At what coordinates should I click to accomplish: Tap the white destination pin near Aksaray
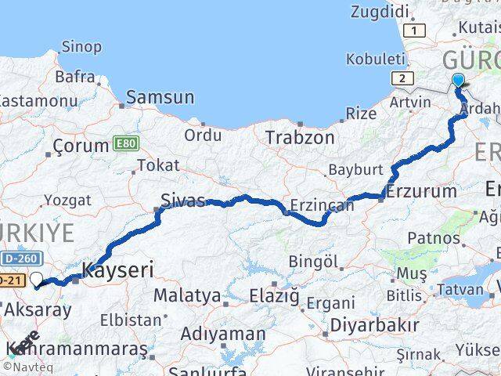38,279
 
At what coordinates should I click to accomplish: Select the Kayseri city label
117,271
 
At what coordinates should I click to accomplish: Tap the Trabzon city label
300,138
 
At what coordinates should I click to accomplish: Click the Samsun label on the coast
160,97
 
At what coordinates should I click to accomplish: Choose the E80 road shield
124,143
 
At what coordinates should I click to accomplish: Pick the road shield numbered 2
403,78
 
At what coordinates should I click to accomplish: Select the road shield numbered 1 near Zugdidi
416,31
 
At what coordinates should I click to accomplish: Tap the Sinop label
81,47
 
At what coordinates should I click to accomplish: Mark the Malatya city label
187,296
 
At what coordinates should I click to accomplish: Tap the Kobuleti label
375,60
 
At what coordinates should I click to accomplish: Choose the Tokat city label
158,165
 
